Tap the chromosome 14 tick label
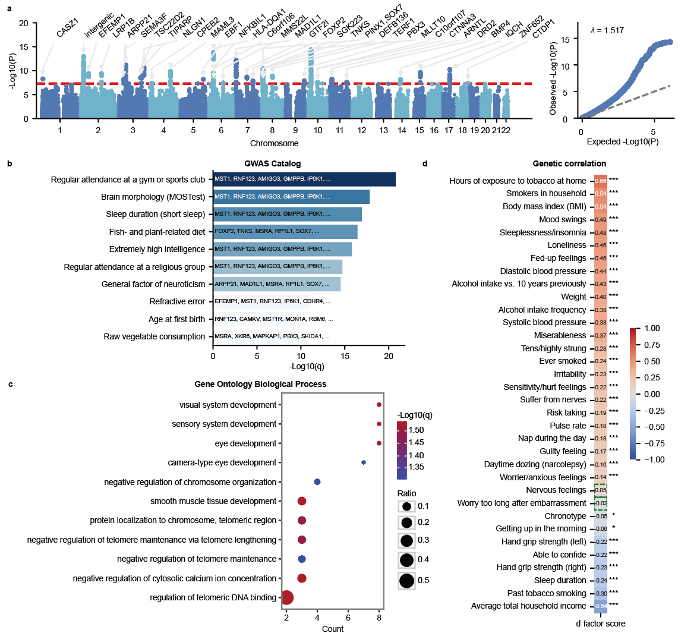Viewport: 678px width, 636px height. click(x=402, y=130)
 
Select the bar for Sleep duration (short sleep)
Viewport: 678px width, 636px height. click(x=288, y=214)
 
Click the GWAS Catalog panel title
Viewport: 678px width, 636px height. click(x=273, y=163)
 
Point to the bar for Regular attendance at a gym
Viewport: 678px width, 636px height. click(x=304, y=180)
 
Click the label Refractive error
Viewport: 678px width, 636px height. click(x=177, y=301)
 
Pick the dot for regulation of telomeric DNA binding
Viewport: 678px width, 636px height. click(x=287, y=597)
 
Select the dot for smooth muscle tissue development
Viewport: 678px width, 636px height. click(x=302, y=501)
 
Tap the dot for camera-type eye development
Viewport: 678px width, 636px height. click(x=364, y=462)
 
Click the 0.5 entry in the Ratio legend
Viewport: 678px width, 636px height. click(x=407, y=580)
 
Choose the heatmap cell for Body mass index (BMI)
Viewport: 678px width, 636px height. click(x=601, y=207)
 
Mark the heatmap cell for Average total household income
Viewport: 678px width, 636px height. click(x=601, y=606)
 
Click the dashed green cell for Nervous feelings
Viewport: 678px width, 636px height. click(x=601, y=490)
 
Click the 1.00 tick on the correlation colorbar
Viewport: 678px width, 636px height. click(x=652, y=328)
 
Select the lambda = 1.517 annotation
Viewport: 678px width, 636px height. click(x=607, y=30)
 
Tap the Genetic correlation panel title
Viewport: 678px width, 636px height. click(x=569, y=163)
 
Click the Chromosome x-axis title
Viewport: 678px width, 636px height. click(x=274, y=143)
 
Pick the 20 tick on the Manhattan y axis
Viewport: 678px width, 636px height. click(x=24, y=23)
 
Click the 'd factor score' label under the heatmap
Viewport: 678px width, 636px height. click(x=601, y=624)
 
